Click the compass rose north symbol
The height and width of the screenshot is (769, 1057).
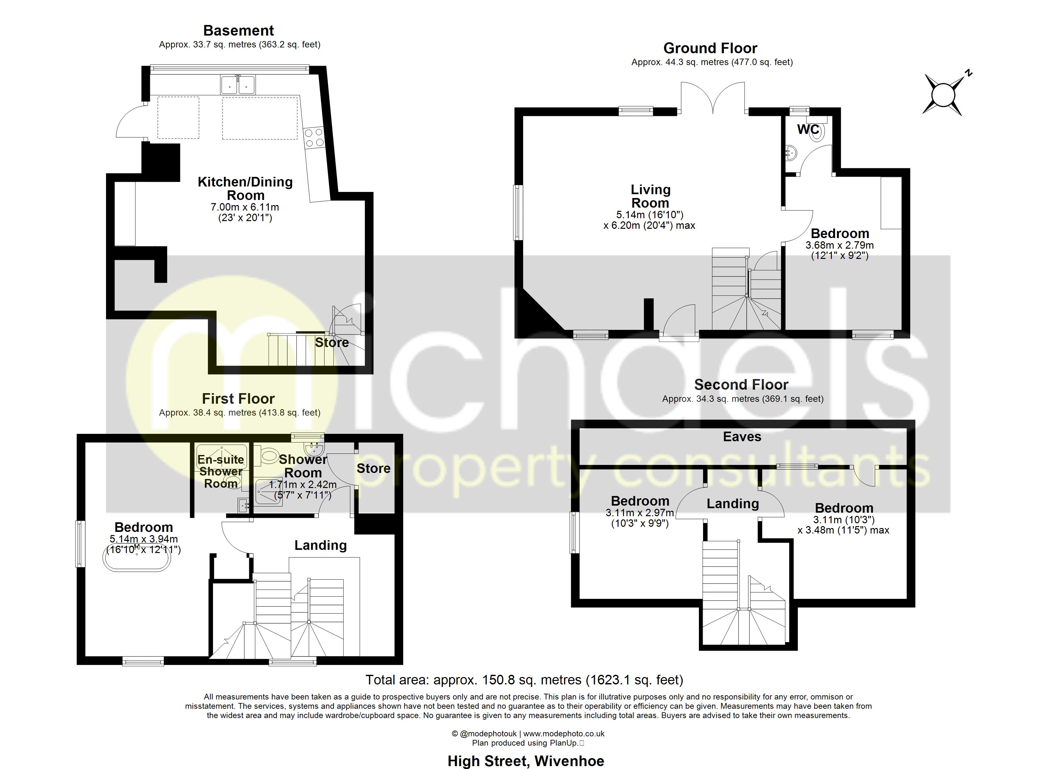pos(943,95)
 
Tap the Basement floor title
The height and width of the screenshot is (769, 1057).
pos(238,31)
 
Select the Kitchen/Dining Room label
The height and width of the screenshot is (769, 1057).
pos(245,188)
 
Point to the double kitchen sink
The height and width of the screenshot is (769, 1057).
pos(238,85)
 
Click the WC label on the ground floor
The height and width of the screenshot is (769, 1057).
pos(808,129)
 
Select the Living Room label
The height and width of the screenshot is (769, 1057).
pos(650,196)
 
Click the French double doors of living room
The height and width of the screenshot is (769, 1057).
pos(713,98)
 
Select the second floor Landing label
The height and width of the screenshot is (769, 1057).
pos(733,504)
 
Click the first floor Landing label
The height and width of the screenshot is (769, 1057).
pos(320,545)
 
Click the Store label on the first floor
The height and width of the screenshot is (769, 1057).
pos(373,468)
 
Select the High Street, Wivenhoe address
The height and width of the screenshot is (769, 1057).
pos(526,761)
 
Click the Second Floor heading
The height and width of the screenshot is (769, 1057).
pos(741,385)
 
